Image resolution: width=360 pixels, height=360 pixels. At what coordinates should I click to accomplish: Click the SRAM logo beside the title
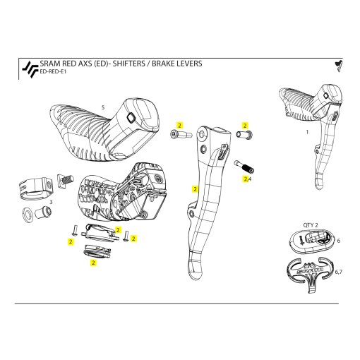pos(28,68)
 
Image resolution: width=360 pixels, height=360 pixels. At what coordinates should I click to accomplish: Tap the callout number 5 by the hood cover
pos(103,107)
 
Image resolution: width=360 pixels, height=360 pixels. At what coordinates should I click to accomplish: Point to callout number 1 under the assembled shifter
pos(307,131)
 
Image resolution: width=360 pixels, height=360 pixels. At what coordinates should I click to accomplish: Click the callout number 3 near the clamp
pos(49,203)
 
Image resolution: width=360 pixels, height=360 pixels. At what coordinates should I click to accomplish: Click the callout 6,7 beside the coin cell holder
pos(340,271)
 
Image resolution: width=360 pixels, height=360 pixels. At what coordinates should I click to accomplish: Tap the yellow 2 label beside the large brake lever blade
pos(195,189)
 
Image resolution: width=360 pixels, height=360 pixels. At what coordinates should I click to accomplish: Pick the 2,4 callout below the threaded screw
pos(247,179)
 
